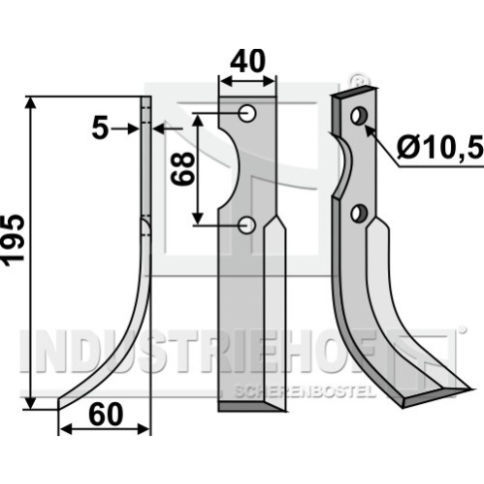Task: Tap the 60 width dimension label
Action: click(106, 414)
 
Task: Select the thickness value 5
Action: click(100, 129)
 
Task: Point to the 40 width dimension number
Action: click(247, 61)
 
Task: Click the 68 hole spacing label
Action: click(183, 169)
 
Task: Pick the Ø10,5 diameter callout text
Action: click(440, 147)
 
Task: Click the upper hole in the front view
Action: click(247, 113)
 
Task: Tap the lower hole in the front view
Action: click(247, 225)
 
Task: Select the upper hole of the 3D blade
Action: click(359, 116)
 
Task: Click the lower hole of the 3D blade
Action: click(359, 214)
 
